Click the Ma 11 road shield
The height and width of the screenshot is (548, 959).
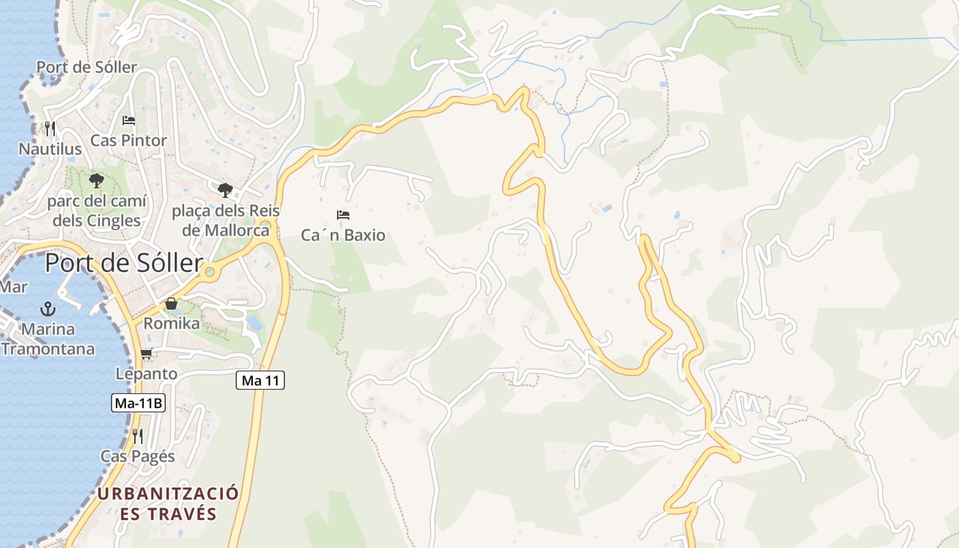pyautogui.click(x=260, y=380)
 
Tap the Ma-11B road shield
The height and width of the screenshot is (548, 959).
pyautogui.click(x=138, y=403)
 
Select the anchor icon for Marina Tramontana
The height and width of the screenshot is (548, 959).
pyautogui.click(x=48, y=308)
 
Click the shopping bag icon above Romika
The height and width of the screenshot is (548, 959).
pyautogui.click(x=171, y=303)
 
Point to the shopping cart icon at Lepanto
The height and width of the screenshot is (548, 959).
pyautogui.click(x=146, y=354)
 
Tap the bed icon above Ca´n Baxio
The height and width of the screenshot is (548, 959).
pyautogui.click(x=343, y=215)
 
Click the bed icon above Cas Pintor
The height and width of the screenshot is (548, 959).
pyautogui.click(x=129, y=121)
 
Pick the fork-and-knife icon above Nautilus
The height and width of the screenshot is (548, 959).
pyautogui.click(x=49, y=128)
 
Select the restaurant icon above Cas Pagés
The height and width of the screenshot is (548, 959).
pyautogui.click(x=138, y=436)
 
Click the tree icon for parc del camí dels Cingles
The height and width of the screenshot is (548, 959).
pyautogui.click(x=96, y=181)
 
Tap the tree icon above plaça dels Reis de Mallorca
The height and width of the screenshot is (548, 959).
pyautogui.click(x=225, y=190)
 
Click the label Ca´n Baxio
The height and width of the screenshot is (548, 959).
pyautogui.click(x=343, y=236)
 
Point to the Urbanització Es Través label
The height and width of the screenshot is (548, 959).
pyautogui.click(x=168, y=503)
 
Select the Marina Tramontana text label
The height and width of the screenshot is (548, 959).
pyautogui.click(x=48, y=339)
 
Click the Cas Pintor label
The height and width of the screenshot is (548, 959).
pyautogui.click(x=129, y=140)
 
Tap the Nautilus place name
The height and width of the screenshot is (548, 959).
pyautogui.click(x=50, y=149)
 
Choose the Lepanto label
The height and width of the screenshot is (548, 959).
pyautogui.click(x=147, y=374)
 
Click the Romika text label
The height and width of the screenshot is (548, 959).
pyautogui.click(x=171, y=323)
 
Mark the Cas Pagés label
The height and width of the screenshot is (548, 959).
pyautogui.click(x=138, y=456)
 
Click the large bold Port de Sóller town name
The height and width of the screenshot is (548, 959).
pyautogui.click(x=124, y=264)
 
